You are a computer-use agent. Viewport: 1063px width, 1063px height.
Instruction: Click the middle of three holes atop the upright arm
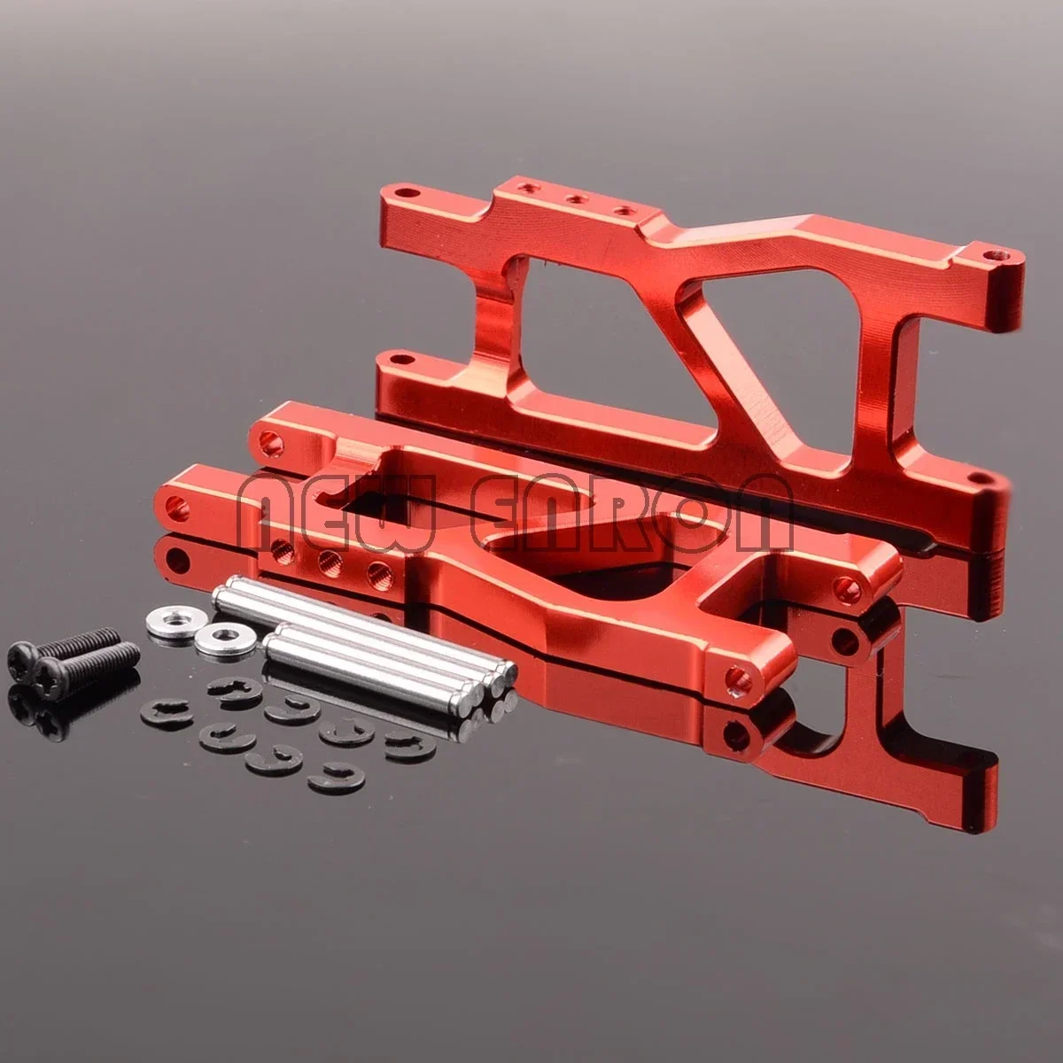[x=578, y=201]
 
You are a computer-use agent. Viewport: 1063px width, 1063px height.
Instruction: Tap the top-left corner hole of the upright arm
[x=405, y=191]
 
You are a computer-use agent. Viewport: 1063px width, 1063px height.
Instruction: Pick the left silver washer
[x=172, y=615]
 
